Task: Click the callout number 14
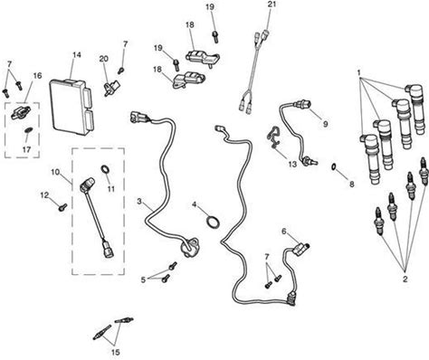point(77,55)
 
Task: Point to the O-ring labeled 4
point(213,223)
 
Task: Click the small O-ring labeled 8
point(333,166)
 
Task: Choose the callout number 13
point(292,165)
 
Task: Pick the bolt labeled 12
point(63,207)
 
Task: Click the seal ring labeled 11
point(105,169)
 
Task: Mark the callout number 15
point(116,352)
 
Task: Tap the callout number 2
point(405,279)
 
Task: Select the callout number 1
point(359,73)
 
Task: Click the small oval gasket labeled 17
point(28,130)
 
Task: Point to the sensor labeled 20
point(110,88)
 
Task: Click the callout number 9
point(325,124)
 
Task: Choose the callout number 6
point(284,232)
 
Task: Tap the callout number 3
point(139,201)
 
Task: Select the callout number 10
point(55,172)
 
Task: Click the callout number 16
point(37,75)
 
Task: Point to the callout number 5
point(143,279)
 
